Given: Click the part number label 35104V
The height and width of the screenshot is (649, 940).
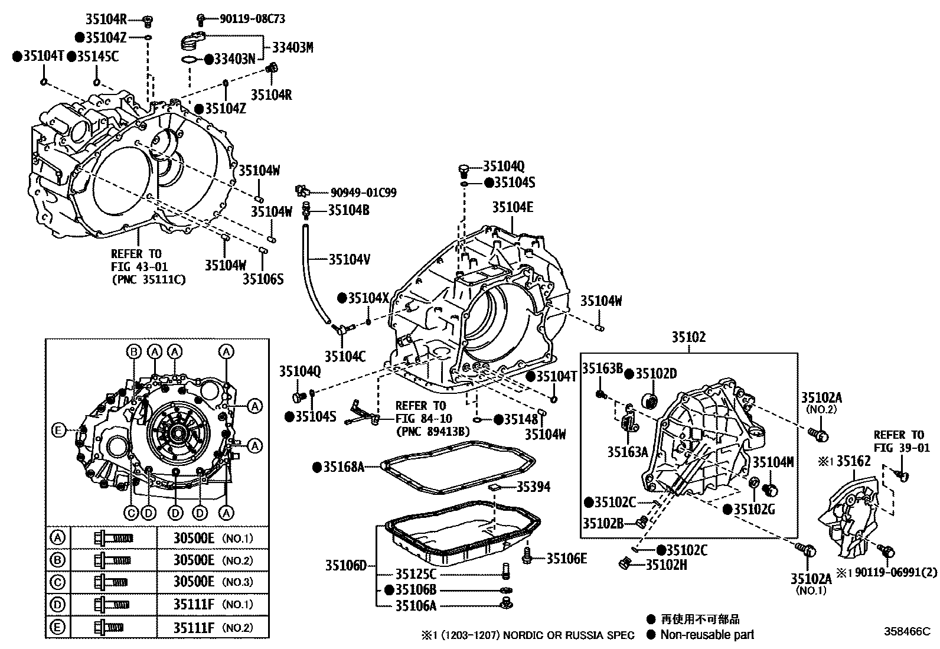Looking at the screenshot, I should tap(350, 259).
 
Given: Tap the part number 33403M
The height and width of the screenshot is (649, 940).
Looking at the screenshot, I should tap(292, 48).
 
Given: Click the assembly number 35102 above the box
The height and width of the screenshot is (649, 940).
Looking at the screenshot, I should tap(688, 337).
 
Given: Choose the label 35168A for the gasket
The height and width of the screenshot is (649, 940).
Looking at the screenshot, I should tap(342, 467).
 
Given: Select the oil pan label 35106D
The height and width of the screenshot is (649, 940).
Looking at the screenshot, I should tap(345, 565).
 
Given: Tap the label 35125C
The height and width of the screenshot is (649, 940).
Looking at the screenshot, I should tap(415, 574).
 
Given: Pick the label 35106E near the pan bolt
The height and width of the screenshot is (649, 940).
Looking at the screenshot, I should tap(566, 558).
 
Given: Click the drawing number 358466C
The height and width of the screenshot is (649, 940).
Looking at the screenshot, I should tap(906, 631).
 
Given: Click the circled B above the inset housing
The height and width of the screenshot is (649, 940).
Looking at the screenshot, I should tap(134, 351).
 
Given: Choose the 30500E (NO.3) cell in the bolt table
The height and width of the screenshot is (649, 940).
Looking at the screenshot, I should tap(213, 582).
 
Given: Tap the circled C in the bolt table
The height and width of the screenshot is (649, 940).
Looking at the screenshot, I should tap(58, 582).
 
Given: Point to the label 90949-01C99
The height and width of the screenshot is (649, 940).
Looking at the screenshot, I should tap(363, 193).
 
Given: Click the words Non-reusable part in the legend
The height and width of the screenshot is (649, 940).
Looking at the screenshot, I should tap(707, 635).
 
